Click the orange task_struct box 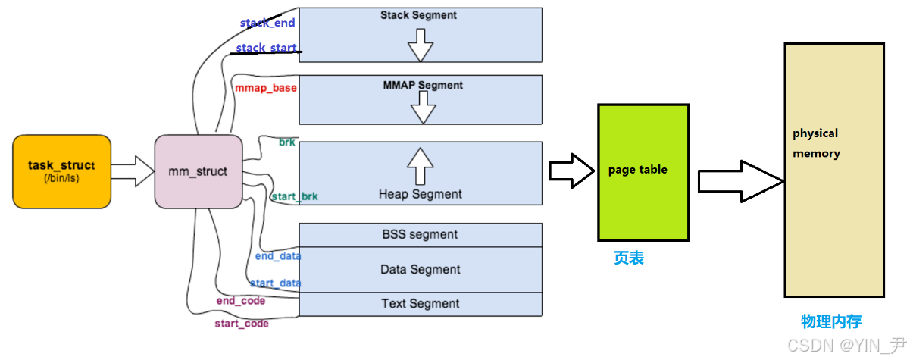pyautogui.click(x=61, y=171)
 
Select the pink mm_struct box pyautogui.click(x=199, y=171)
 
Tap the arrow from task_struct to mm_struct pyautogui.click(x=133, y=171)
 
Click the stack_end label pyautogui.click(x=267, y=23)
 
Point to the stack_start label pyautogui.click(x=267, y=48)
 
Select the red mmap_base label pyautogui.click(x=266, y=88)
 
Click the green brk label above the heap pyautogui.click(x=287, y=142)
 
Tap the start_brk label pyautogui.click(x=295, y=196)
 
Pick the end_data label pyautogui.click(x=278, y=256)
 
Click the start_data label pyautogui.click(x=276, y=283)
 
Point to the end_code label pyautogui.click(x=241, y=301)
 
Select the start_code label pyautogui.click(x=242, y=324)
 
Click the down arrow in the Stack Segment pyautogui.click(x=421, y=45)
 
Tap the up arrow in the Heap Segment pyautogui.click(x=421, y=166)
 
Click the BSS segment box pyautogui.click(x=421, y=235)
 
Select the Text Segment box pyautogui.click(x=421, y=305)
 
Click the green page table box pyautogui.click(x=643, y=173)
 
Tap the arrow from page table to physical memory pyautogui.click(x=741, y=181)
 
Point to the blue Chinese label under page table pyautogui.click(x=629, y=258)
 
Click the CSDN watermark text pyautogui.click(x=846, y=346)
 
